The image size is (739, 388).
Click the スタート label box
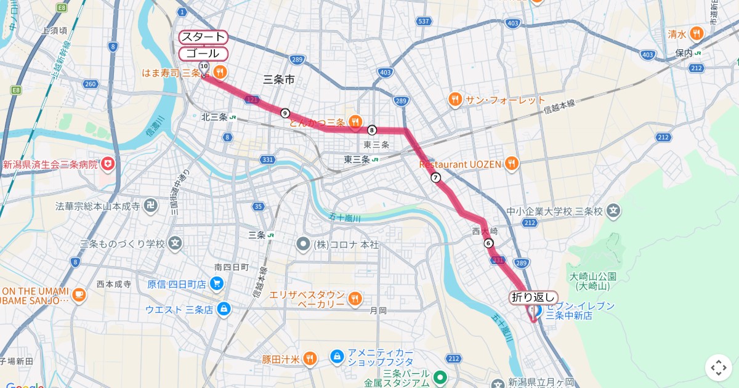coord(204,37)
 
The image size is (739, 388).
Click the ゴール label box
coord(203,54)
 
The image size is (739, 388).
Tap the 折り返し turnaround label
coord(533,297)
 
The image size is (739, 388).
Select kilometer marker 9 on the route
coord(285,113)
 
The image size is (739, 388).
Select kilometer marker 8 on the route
coord(372,130)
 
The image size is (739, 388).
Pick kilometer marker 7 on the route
coord(436,177)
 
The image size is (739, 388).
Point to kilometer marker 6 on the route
coord(488,243)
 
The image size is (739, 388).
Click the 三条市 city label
coord(278,79)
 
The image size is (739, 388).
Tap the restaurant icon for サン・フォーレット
coord(455,100)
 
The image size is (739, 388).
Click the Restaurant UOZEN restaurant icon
coord(511,164)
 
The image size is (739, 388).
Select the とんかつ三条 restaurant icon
coord(355,122)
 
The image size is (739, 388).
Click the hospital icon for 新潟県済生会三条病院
coord(108,164)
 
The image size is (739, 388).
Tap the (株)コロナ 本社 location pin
coord(302,245)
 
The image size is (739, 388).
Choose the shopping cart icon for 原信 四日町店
coord(216,284)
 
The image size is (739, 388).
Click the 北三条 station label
coord(215,117)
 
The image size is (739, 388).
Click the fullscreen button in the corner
coord(719,368)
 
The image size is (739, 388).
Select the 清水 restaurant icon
coord(696,34)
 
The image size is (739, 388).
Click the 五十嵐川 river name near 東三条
coord(344,217)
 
